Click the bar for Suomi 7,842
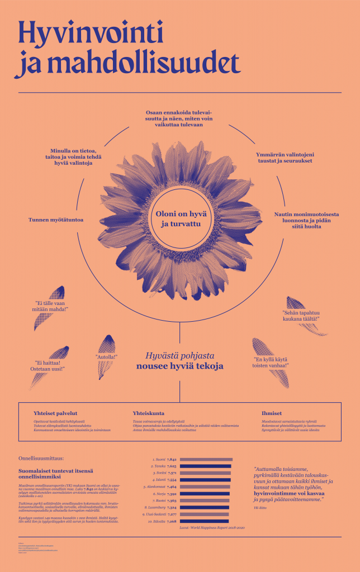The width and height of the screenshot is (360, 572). tap(206, 459)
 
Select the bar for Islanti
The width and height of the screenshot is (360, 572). tap(205, 480)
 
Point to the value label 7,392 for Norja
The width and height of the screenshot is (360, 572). tap(172, 494)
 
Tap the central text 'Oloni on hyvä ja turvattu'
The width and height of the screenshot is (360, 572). tap(179, 221)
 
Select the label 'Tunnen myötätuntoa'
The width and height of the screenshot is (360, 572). tap(56, 220)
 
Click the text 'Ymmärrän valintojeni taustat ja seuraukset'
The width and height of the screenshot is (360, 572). tap(283, 157)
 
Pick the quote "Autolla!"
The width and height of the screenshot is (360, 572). tap(106, 356)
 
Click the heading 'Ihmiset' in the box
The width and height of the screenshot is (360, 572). tap(272, 413)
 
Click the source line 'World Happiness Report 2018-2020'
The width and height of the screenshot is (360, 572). tap(212, 527)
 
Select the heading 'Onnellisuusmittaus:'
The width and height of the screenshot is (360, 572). tap(40, 457)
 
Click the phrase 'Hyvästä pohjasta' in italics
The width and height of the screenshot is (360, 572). tap(179, 355)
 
